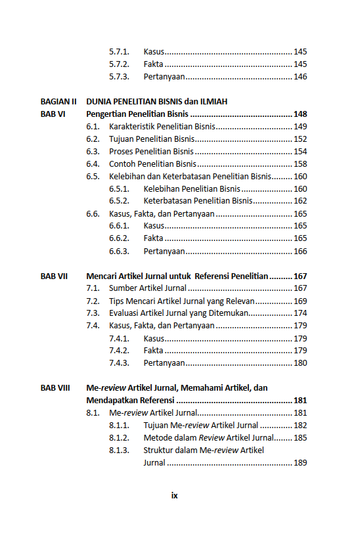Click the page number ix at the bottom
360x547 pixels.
click(x=174, y=496)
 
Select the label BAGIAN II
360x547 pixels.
click(x=58, y=102)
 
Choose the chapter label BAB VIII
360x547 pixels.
click(x=55, y=388)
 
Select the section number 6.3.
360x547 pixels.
click(x=93, y=152)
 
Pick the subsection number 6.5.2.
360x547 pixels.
click(x=119, y=202)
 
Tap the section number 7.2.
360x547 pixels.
click(x=93, y=301)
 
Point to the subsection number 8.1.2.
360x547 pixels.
click(x=119, y=438)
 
